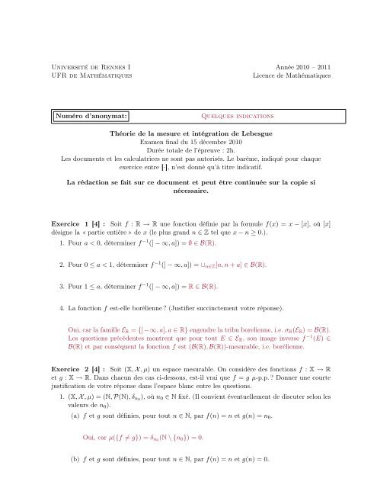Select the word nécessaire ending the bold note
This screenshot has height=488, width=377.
tap(188, 194)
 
